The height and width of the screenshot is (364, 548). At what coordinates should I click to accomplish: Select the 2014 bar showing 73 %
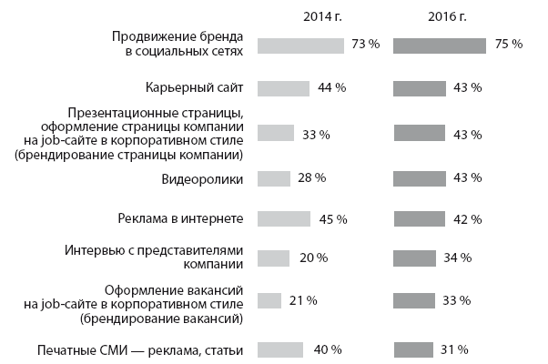(x=300, y=45)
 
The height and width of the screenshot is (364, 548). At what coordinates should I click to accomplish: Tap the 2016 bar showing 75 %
(x=439, y=45)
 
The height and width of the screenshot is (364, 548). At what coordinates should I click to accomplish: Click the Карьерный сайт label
(x=194, y=88)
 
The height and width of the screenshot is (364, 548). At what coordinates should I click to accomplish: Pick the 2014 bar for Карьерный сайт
(x=284, y=88)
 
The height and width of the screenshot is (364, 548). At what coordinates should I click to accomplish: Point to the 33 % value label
(x=315, y=135)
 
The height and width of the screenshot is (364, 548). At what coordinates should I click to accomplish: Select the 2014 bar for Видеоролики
(x=274, y=179)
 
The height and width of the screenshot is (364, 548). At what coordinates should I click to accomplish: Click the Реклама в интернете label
(x=181, y=218)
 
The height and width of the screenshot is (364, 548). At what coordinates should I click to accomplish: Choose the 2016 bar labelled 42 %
(x=418, y=218)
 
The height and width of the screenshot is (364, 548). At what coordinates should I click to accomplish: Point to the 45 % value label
(x=333, y=219)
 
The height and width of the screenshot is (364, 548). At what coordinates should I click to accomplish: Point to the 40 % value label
(x=328, y=349)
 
